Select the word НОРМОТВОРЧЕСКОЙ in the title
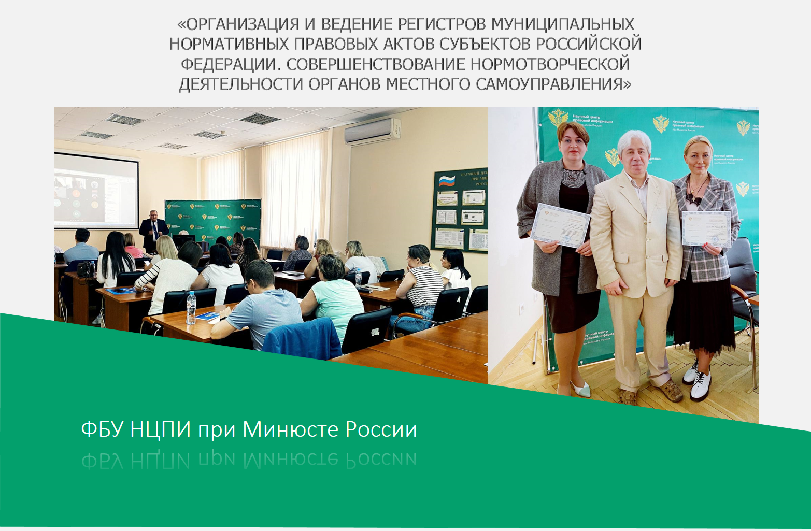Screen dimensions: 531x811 (x=550, y=64)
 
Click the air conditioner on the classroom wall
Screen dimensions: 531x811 (x=373, y=131)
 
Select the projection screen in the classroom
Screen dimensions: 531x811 (x=96, y=191)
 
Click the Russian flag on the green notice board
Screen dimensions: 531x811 (x=447, y=181)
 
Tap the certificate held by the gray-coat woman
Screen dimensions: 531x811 (x=560, y=225)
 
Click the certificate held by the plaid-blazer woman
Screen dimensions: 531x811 (x=706, y=228)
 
